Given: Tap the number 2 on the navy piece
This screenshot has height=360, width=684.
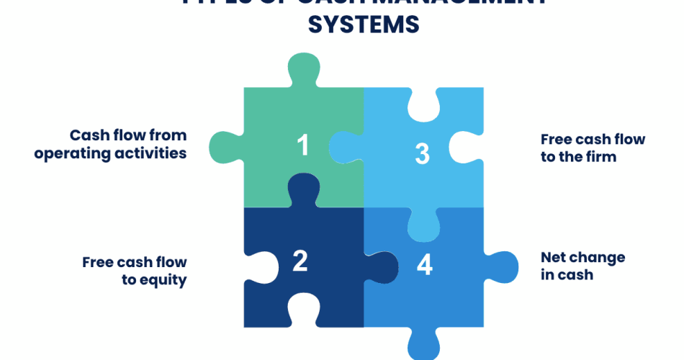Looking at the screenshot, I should point(300,261).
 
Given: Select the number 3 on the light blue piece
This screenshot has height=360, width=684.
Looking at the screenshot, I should point(423,153).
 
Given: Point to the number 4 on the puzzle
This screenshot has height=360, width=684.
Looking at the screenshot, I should point(425,265).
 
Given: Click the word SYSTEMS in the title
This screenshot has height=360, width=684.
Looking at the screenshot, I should point(364,24).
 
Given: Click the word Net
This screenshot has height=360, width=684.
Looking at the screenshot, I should point(555,257).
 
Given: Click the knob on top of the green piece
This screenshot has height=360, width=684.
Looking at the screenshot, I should point(304,68).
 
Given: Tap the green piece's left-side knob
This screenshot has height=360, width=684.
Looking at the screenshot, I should point(222,147).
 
